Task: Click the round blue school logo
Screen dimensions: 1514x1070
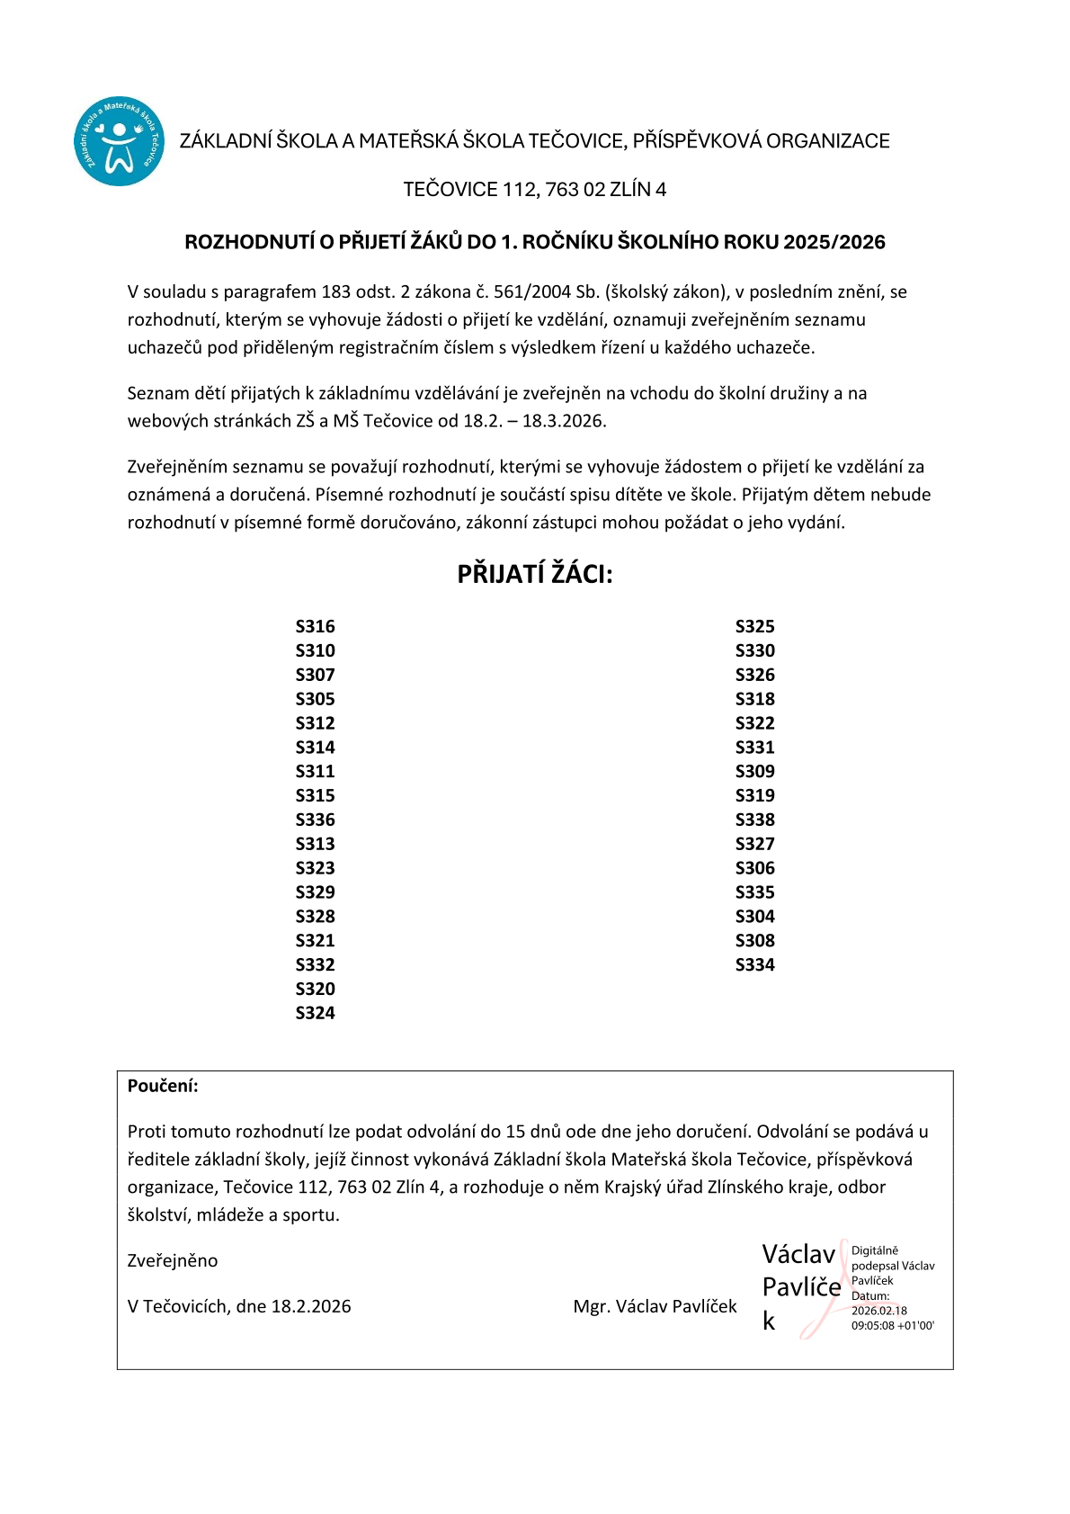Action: pos(119,141)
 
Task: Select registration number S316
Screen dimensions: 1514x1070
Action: pos(315,626)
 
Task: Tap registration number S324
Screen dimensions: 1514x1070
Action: pos(315,1013)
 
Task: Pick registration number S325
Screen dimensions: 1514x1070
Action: pos(754,626)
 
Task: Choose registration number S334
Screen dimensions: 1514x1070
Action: pos(754,964)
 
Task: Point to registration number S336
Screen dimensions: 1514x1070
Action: pos(315,820)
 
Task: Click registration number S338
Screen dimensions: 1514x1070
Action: pos(754,820)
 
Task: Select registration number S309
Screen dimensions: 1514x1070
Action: pos(754,771)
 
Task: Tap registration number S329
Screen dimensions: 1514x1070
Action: pos(315,892)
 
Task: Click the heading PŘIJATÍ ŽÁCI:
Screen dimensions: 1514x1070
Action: pos(534,574)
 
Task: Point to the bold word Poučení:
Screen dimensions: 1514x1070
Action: pos(163,1086)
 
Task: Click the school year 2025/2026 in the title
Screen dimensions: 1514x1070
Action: pos(834,242)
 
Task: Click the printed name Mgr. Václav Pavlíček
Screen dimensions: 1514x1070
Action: pos(655,1306)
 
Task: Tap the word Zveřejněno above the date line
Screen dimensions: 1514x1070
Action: pos(173,1260)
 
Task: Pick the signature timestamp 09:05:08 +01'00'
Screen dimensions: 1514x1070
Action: pos(893,1326)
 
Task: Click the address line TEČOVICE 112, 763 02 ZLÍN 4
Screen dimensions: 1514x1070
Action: pos(534,190)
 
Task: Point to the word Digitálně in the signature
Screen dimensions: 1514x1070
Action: pos(875,1250)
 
